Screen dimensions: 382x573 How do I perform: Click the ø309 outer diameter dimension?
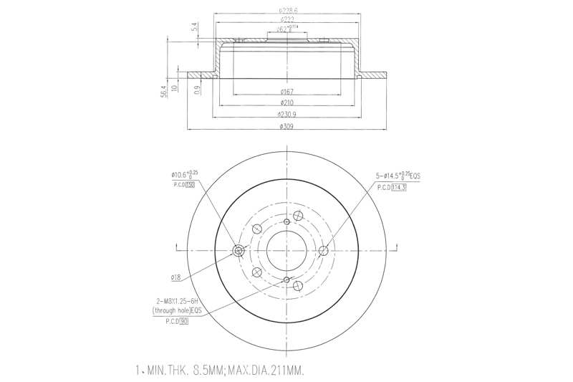[x=286, y=126]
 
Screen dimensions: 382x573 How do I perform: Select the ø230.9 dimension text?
[x=286, y=115]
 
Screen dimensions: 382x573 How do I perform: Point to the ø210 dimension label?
[x=286, y=103]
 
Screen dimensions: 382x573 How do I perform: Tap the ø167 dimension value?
[x=286, y=92]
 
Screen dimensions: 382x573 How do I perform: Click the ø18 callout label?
[x=175, y=277]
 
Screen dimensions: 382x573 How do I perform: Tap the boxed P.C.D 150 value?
[x=191, y=184]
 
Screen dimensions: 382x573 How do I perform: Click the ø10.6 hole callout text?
[x=184, y=174]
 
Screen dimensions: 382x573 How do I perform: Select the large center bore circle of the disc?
[x=286, y=250]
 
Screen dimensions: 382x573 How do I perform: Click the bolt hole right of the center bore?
[x=323, y=250]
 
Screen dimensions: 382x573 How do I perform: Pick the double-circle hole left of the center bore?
[x=239, y=250]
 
